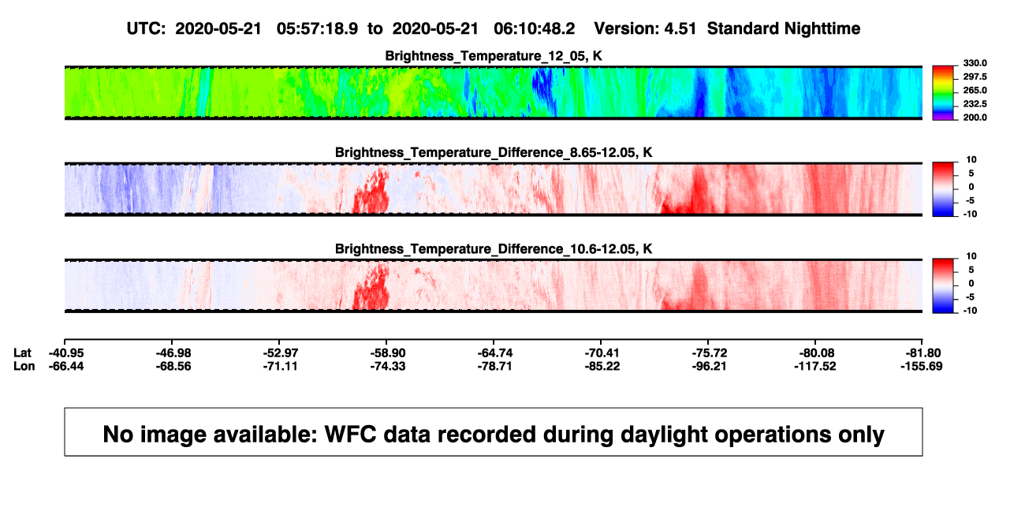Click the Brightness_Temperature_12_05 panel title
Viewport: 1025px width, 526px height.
tap(494, 56)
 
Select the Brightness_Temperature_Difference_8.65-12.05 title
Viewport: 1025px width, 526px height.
tap(494, 152)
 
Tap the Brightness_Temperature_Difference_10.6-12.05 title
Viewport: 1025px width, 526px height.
tap(494, 249)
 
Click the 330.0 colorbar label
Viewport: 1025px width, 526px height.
tap(975, 63)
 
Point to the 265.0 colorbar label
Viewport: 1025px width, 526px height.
tap(975, 90)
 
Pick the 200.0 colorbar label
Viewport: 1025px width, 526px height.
tap(975, 118)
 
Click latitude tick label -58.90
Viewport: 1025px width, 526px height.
tap(388, 353)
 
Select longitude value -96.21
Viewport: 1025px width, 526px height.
tap(710, 366)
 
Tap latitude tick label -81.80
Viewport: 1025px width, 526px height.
tap(923, 353)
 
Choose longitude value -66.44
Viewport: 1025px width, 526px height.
tap(66, 366)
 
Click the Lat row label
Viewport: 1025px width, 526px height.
tap(22, 353)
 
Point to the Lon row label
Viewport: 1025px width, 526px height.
tap(24, 366)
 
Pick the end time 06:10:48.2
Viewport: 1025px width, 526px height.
tap(534, 28)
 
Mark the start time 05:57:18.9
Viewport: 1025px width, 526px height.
tap(317, 28)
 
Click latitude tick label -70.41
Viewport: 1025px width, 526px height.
tap(602, 353)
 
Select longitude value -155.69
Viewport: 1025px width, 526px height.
tap(922, 366)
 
